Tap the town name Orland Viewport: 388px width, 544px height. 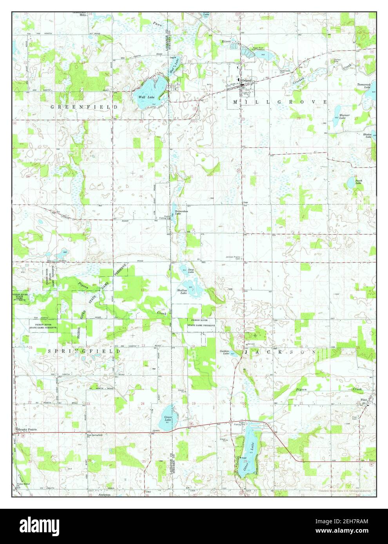pyautogui.click(x=247, y=81)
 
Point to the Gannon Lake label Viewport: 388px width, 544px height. pyautogui.click(x=224, y=352)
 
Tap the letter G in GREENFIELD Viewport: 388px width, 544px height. pyautogui.click(x=52, y=107)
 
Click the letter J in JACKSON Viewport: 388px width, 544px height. pyautogui.click(x=246, y=352)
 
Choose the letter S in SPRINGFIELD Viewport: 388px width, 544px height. pyautogui.click(x=50, y=351)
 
